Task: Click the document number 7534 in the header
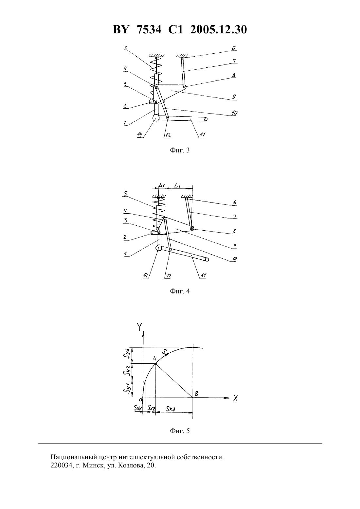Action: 149,30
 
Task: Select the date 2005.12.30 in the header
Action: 218,30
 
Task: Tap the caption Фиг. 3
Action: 180,150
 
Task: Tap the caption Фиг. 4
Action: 180,291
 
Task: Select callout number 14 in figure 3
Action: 140,134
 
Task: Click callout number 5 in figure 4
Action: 125,193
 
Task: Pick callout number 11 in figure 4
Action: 203,276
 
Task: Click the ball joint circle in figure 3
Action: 156,118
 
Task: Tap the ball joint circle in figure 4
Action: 159,248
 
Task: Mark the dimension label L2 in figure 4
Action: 177,186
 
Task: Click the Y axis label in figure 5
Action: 139,326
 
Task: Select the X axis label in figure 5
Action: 235,398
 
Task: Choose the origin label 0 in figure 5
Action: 141,399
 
